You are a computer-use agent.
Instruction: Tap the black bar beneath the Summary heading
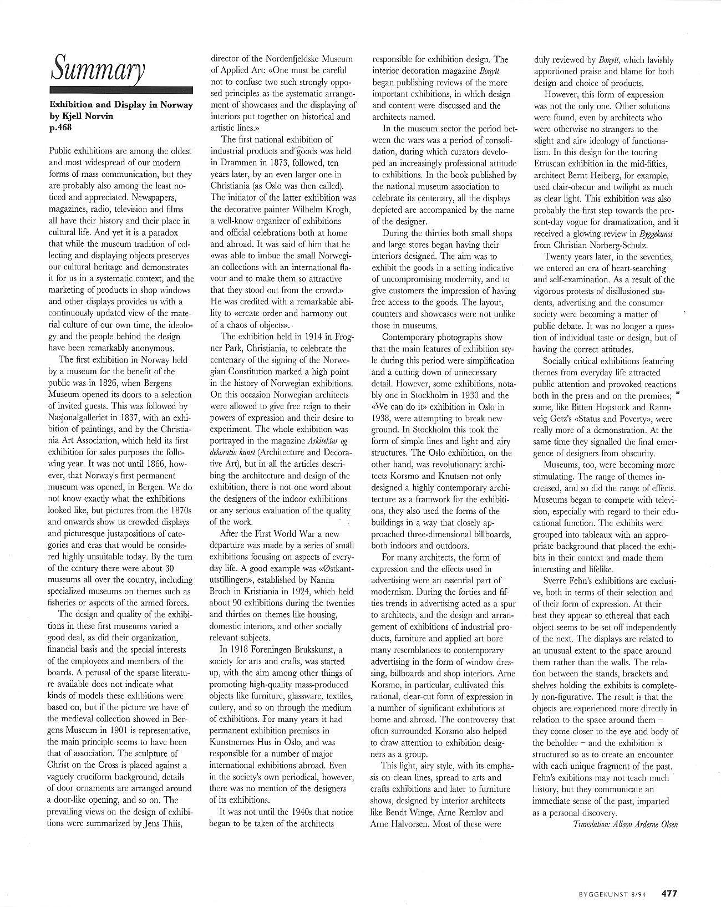pyautogui.click(x=121, y=90)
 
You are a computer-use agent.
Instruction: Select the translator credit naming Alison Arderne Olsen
pyautogui.click(x=626, y=824)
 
